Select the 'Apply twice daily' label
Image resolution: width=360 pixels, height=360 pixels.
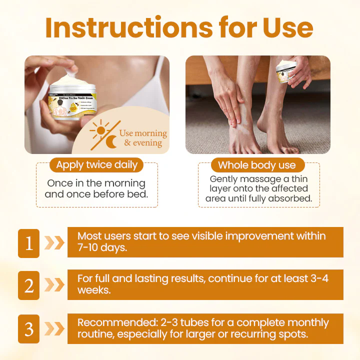pos(96,164)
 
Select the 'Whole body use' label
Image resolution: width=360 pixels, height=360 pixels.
pos(256,165)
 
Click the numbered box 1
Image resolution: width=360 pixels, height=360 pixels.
pos(29,242)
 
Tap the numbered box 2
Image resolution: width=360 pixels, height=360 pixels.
pos(29,285)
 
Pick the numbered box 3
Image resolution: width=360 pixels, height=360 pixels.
pos(29,328)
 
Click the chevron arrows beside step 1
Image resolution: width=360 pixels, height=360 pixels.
pos(54,242)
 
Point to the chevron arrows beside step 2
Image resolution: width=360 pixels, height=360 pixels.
pos(54,285)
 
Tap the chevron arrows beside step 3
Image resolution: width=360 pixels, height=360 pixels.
pos(54,328)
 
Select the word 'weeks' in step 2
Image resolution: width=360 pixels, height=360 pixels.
pos(93,290)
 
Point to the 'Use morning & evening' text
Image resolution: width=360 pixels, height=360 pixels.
pos(143,138)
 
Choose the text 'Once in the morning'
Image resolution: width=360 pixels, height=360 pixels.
pos(96,183)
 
